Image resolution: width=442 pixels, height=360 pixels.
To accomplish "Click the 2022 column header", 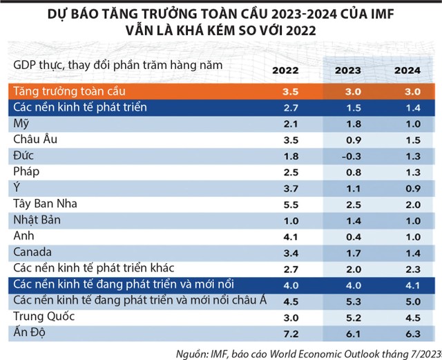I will point(285,70).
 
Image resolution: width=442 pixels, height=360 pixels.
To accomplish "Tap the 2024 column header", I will point(407,70).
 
